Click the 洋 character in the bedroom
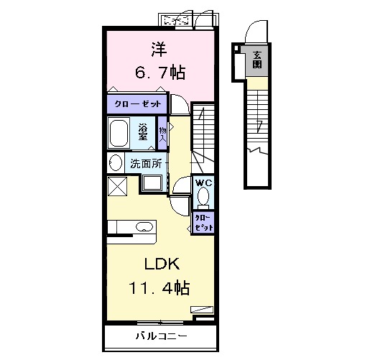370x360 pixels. tap(159, 50)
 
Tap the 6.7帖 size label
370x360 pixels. tap(160, 73)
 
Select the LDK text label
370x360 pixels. tap(162, 264)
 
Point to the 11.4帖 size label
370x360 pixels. tap(159, 287)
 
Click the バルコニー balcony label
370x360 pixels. tap(161, 336)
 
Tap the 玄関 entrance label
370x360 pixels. tap(257, 60)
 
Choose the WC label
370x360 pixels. tap(204, 183)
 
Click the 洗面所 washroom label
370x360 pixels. tap(146, 164)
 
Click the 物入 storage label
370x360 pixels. tap(162, 134)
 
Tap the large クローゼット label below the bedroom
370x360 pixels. tap(138, 104)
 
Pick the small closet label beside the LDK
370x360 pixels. tap(204, 223)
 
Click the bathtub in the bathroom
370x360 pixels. tap(119, 133)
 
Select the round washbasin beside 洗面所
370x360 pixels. tap(116, 162)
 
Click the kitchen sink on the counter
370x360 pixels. tap(144, 226)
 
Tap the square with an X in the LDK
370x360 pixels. tap(117, 186)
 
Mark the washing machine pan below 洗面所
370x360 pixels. tap(152, 183)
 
